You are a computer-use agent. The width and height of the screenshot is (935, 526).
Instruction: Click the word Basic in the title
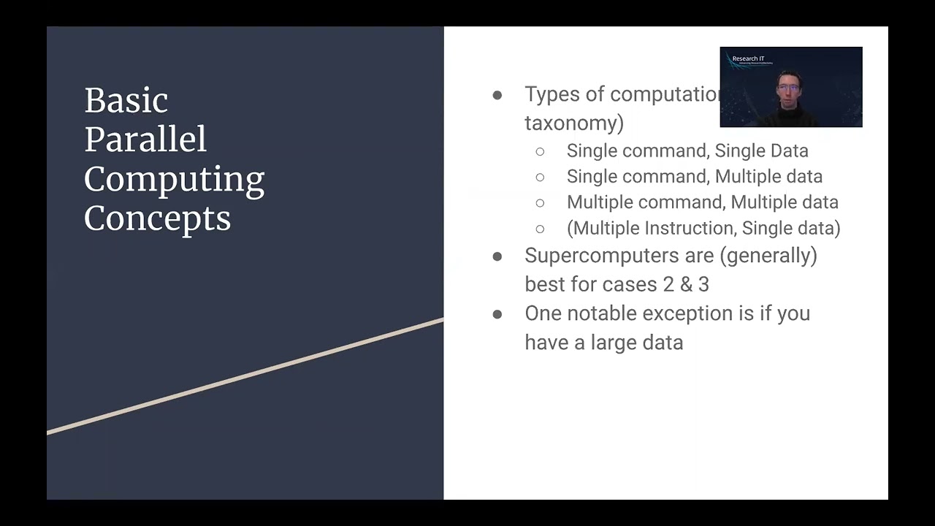(x=126, y=100)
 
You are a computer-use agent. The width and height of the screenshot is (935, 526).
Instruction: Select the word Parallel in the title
(x=145, y=140)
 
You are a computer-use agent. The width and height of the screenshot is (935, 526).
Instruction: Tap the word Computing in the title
(x=174, y=180)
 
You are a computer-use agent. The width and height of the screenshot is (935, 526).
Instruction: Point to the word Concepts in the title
(x=157, y=218)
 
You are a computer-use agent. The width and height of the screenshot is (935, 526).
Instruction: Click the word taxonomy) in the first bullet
(x=574, y=123)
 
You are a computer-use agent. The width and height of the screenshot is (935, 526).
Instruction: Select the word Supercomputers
(x=598, y=256)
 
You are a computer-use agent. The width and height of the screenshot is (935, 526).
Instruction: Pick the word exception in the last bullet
(x=677, y=313)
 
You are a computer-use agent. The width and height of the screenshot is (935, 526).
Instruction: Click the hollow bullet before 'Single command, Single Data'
(x=540, y=151)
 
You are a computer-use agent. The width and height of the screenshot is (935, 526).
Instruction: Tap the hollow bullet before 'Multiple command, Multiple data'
(x=540, y=202)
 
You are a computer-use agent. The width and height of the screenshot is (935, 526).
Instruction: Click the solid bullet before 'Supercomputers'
(x=497, y=256)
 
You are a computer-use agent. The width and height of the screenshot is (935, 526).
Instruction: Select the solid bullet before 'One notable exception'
(x=497, y=314)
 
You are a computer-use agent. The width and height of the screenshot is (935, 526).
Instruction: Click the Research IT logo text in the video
(x=748, y=58)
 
